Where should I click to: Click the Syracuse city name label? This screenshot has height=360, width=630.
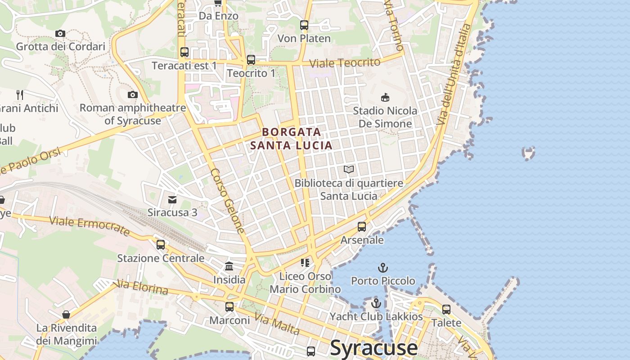[x=373, y=348]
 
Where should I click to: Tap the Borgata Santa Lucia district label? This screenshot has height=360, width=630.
[x=292, y=139]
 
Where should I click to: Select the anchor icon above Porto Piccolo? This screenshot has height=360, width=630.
[x=383, y=268]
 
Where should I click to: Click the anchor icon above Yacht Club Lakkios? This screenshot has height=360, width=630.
[x=376, y=303]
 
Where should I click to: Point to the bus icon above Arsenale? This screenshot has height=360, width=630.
[x=362, y=227]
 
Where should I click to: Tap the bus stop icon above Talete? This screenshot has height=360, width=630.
[x=446, y=310]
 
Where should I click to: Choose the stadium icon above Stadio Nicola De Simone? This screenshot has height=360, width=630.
[x=385, y=97]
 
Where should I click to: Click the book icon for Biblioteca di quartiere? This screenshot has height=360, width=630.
[x=349, y=170]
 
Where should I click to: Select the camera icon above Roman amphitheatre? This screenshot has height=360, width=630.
[x=132, y=94]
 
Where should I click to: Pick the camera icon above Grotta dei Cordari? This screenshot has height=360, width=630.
[x=60, y=33]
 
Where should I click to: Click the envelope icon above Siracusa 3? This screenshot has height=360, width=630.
[x=172, y=199]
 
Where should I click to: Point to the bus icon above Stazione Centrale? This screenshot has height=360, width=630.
[x=161, y=245]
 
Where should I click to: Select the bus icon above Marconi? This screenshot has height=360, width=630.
[x=229, y=307]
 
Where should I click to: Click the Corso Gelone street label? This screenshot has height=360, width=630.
[x=228, y=201]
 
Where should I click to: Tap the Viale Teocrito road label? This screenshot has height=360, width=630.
[x=345, y=63]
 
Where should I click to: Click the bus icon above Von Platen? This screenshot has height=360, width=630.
[x=304, y=25]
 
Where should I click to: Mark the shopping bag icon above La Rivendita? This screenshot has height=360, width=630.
[x=66, y=314]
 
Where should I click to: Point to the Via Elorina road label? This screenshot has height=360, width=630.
[x=142, y=287]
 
